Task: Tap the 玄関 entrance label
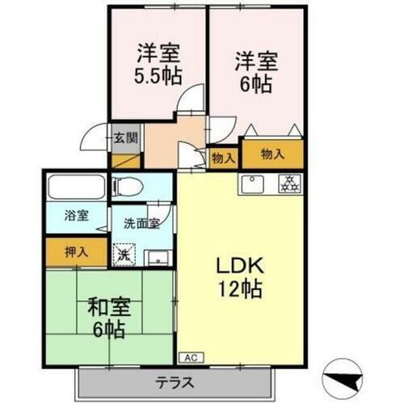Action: point(124,137)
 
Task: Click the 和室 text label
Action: point(106,307)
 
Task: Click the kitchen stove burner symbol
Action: point(288,183)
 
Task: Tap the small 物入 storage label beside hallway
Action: point(222,158)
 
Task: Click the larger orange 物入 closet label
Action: point(271,153)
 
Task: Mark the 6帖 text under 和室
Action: point(107,330)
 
